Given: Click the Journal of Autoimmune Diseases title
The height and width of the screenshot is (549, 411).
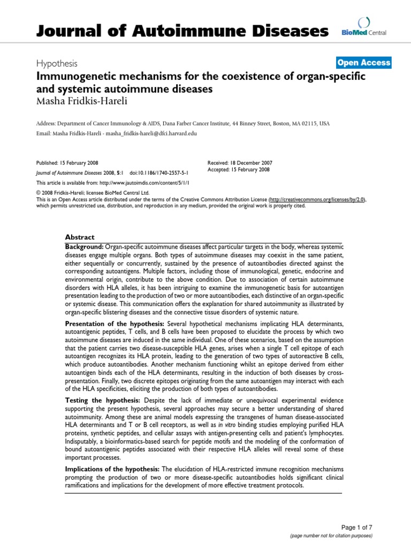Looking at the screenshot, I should (182, 31).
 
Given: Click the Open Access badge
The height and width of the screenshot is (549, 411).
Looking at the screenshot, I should (364, 63).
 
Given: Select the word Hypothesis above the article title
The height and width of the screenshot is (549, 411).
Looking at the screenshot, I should (56, 63).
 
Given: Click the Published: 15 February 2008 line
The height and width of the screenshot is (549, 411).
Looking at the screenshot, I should (67, 162).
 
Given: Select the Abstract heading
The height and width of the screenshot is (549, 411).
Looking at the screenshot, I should (79, 237).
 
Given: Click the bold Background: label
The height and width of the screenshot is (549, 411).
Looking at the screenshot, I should (84, 246).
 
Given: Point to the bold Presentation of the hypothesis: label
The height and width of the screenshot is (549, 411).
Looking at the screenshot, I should (115, 325).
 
